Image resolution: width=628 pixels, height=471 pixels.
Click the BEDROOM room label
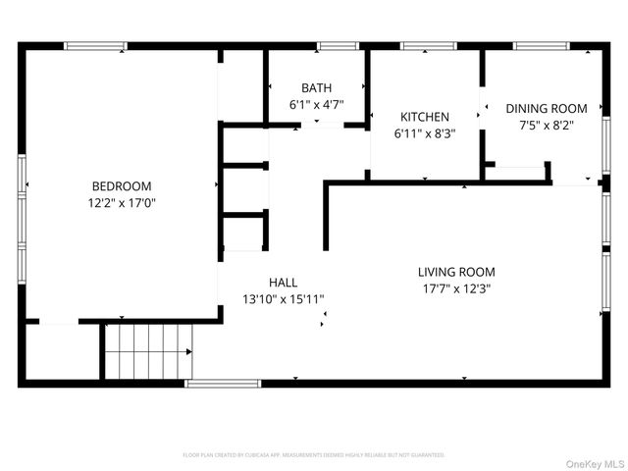pyautogui.click(x=122, y=186)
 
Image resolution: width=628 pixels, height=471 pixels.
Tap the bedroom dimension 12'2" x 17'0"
pyautogui.click(x=122, y=203)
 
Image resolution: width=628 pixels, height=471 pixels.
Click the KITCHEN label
pyautogui.click(x=423, y=116)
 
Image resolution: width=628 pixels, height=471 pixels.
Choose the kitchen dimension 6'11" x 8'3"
pyautogui.click(x=424, y=132)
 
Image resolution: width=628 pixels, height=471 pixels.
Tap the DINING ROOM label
pyautogui.click(x=547, y=108)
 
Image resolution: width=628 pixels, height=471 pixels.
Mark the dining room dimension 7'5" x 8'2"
pyautogui.click(x=547, y=125)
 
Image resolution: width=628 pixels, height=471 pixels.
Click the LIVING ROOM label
pyautogui.click(x=456, y=272)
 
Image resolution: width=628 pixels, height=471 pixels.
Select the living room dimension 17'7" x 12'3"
pyautogui.click(x=456, y=288)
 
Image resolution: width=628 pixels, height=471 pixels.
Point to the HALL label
pyautogui.click(x=283, y=282)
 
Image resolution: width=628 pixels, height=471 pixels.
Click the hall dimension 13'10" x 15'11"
pyautogui.click(x=283, y=299)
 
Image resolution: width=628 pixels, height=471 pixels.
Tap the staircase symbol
pyautogui.click(x=148, y=351)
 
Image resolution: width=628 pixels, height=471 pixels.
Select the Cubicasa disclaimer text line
pyautogui.click(x=314, y=455)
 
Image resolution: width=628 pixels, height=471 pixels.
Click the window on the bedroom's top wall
pyautogui.click(x=95, y=45)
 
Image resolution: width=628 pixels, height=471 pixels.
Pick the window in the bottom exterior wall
pyautogui.click(x=223, y=383)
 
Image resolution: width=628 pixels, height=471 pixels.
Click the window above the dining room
pyautogui.click(x=543, y=45)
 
